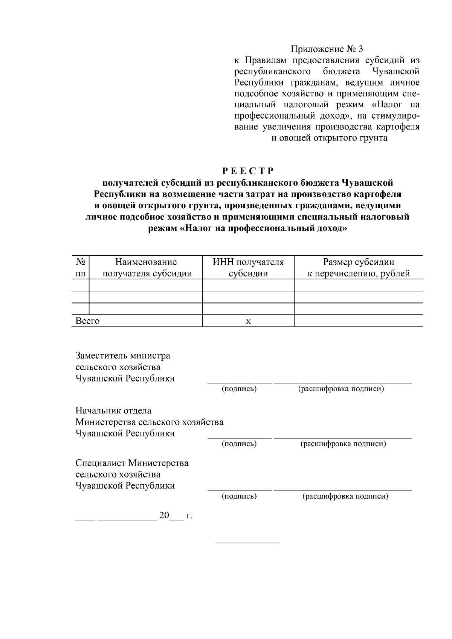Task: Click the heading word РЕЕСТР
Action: point(247,171)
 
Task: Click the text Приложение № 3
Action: point(327,49)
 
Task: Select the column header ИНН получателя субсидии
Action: point(248,268)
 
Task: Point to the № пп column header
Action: point(80,268)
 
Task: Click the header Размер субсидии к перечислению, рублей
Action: point(358,268)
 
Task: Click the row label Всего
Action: point(88,321)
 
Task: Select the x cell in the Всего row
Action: point(248,321)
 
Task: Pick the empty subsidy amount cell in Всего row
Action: point(358,321)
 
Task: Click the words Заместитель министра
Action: point(123,355)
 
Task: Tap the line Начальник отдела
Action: point(113,410)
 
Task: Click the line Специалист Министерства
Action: point(132,463)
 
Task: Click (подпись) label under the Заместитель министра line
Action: point(239,389)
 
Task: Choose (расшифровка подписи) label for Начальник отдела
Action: point(343,444)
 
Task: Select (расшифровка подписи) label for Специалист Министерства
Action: point(345,496)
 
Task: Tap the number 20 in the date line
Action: point(164,515)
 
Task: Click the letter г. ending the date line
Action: point(189,516)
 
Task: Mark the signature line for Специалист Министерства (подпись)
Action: point(239,490)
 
